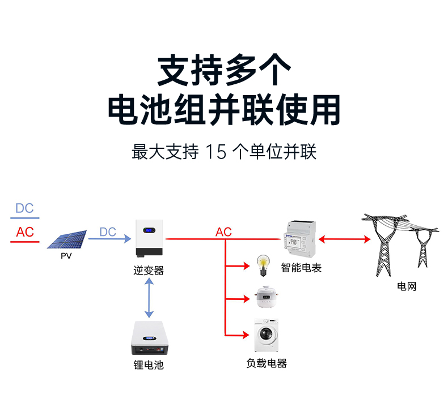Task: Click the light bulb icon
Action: tap(262, 265)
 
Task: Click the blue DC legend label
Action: tap(24, 208)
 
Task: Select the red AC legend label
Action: tap(25, 232)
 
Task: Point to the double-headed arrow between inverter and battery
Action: tap(149, 298)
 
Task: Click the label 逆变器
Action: tap(149, 271)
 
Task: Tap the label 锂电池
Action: tap(149, 365)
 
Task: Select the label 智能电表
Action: tap(301, 268)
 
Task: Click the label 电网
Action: tap(407, 286)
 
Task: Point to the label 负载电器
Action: tap(267, 363)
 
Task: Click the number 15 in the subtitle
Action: tap(215, 152)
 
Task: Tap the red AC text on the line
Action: tap(223, 232)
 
